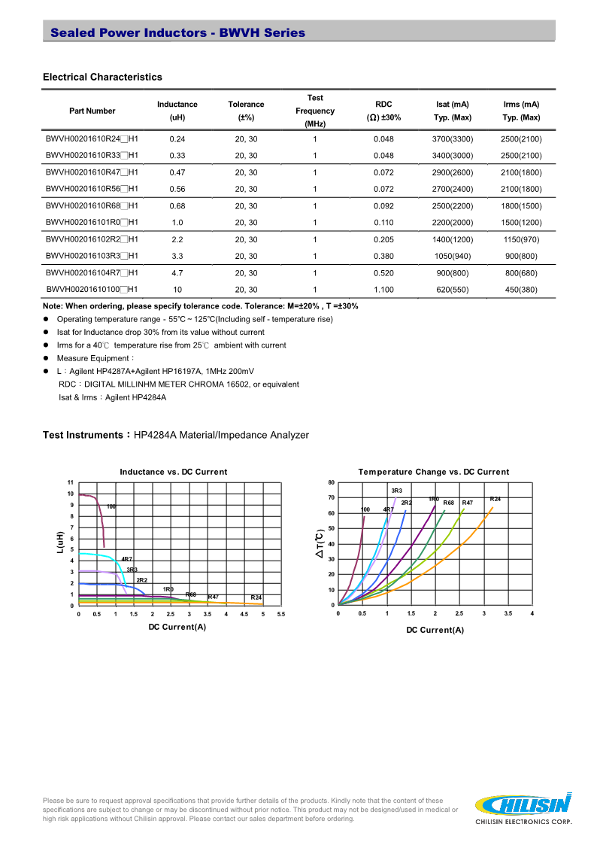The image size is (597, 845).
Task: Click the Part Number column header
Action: (92, 111)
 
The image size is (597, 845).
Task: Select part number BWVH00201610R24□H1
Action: (92, 139)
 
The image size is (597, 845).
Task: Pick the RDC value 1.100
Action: (383, 290)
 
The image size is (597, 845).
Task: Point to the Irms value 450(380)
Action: (521, 290)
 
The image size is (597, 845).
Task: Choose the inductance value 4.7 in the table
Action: (177, 273)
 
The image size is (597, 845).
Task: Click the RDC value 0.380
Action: (383, 256)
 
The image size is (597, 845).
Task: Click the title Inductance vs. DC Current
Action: (174, 472)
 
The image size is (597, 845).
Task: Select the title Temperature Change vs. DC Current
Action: (434, 472)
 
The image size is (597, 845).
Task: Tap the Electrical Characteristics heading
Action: (102, 77)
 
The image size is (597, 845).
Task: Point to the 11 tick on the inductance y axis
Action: (71, 482)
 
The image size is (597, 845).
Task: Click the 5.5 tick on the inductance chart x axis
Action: (281, 614)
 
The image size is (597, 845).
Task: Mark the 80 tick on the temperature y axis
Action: (331, 482)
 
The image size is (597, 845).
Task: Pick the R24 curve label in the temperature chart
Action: (495, 499)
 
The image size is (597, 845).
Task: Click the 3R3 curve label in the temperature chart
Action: (397, 491)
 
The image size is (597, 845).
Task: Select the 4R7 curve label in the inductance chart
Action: (126, 559)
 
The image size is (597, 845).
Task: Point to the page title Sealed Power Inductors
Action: (177, 32)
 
